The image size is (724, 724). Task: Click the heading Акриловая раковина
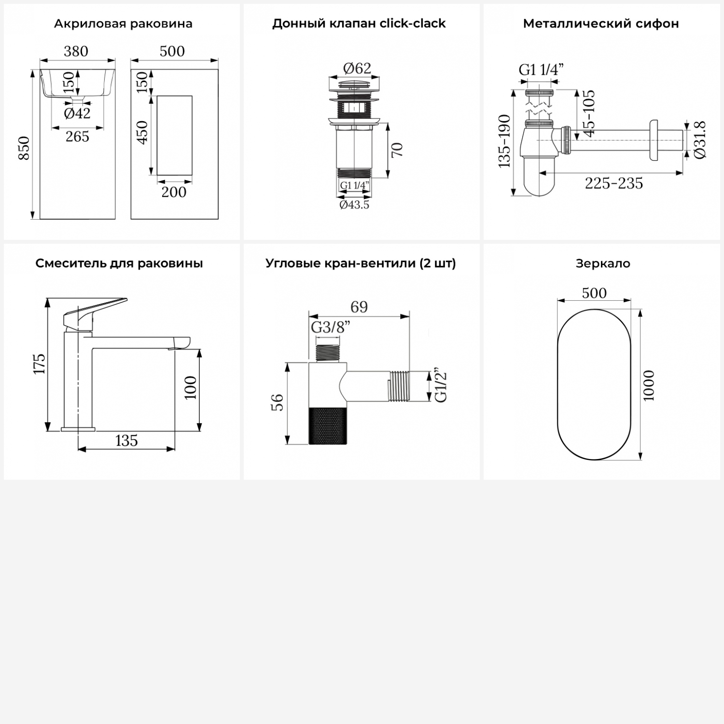click(123, 24)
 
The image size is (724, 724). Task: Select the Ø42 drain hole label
click(77, 113)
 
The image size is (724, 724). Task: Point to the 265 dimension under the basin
click(77, 137)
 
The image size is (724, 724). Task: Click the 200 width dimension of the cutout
click(174, 192)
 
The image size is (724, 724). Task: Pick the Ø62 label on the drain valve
click(357, 69)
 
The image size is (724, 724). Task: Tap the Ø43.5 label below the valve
click(354, 205)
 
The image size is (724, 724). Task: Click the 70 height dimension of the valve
click(397, 150)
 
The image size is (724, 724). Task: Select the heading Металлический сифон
click(601, 24)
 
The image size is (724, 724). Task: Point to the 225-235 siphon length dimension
click(614, 183)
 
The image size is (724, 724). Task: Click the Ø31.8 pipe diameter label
click(700, 139)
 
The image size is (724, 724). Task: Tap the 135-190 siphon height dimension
click(504, 141)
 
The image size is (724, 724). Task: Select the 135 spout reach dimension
click(126, 441)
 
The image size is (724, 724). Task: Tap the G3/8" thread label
click(330, 328)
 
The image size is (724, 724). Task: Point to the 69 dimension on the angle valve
click(359, 307)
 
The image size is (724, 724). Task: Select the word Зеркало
click(603, 264)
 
